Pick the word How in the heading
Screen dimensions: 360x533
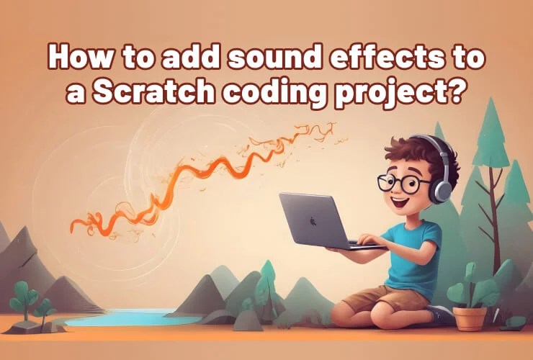pyautogui.click(x=76, y=58)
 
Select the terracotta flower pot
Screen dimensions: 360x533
pyautogui.click(x=469, y=318)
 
